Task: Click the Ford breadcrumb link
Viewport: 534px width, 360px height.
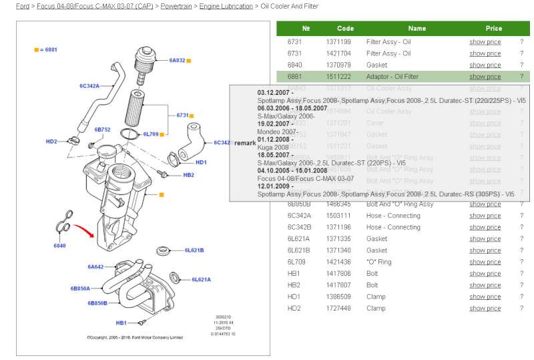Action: click(x=23, y=6)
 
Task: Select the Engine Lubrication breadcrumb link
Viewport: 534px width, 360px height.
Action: click(x=226, y=6)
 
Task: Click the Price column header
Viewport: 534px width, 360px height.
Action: click(x=494, y=29)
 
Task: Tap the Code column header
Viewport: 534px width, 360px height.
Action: click(x=345, y=29)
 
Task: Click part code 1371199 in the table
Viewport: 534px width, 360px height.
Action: click(x=338, y=42)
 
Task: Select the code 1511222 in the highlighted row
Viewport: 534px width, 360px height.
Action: click(x=338, y=77)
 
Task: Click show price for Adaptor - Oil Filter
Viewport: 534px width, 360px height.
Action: click(x=485, y=77)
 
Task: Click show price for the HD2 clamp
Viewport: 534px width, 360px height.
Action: click(x=485, y=309)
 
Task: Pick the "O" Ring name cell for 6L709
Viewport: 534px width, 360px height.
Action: click(x=379, y=262)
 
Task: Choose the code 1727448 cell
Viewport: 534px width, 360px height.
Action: click(x=338, y=309)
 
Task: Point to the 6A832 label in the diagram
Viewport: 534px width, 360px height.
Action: click(x=177, y=61)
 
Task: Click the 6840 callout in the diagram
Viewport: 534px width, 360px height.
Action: click(x=59, y=246)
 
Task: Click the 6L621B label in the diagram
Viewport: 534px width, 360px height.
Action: click(x=194, y=250)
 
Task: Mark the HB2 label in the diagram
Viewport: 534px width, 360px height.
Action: click(x=188, y=175)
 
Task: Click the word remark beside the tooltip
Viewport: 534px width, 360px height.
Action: click(x=245, y=143)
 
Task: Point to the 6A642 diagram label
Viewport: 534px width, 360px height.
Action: click(x=95, y=266)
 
